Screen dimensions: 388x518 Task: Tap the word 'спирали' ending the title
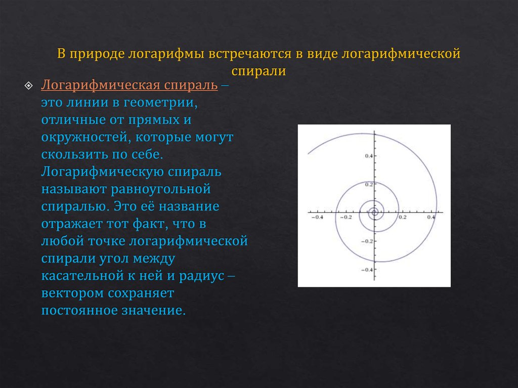pos(259,71)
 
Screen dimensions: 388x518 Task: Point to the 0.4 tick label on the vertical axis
pos(368,156)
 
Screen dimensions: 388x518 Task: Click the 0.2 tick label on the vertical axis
pos(368,185)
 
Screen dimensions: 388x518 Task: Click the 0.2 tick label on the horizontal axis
pos(403,218)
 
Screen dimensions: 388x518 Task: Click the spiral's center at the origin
pos(374,212)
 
